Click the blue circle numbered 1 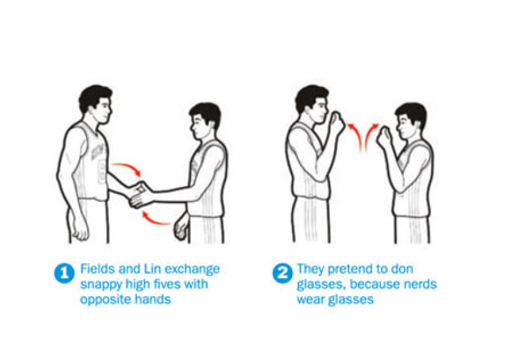coord(64,273)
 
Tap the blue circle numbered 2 coord(282,273)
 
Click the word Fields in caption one coord(98,269)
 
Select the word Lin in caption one coord(152,269)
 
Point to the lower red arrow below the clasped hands coord(156,220)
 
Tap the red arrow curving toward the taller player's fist coord(356,136)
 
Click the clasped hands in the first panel coord(141,195)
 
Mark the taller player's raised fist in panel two coord(337,123)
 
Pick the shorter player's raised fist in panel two coord(385,136)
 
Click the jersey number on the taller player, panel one coord(102,173)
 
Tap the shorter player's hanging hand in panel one coord(180,227)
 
